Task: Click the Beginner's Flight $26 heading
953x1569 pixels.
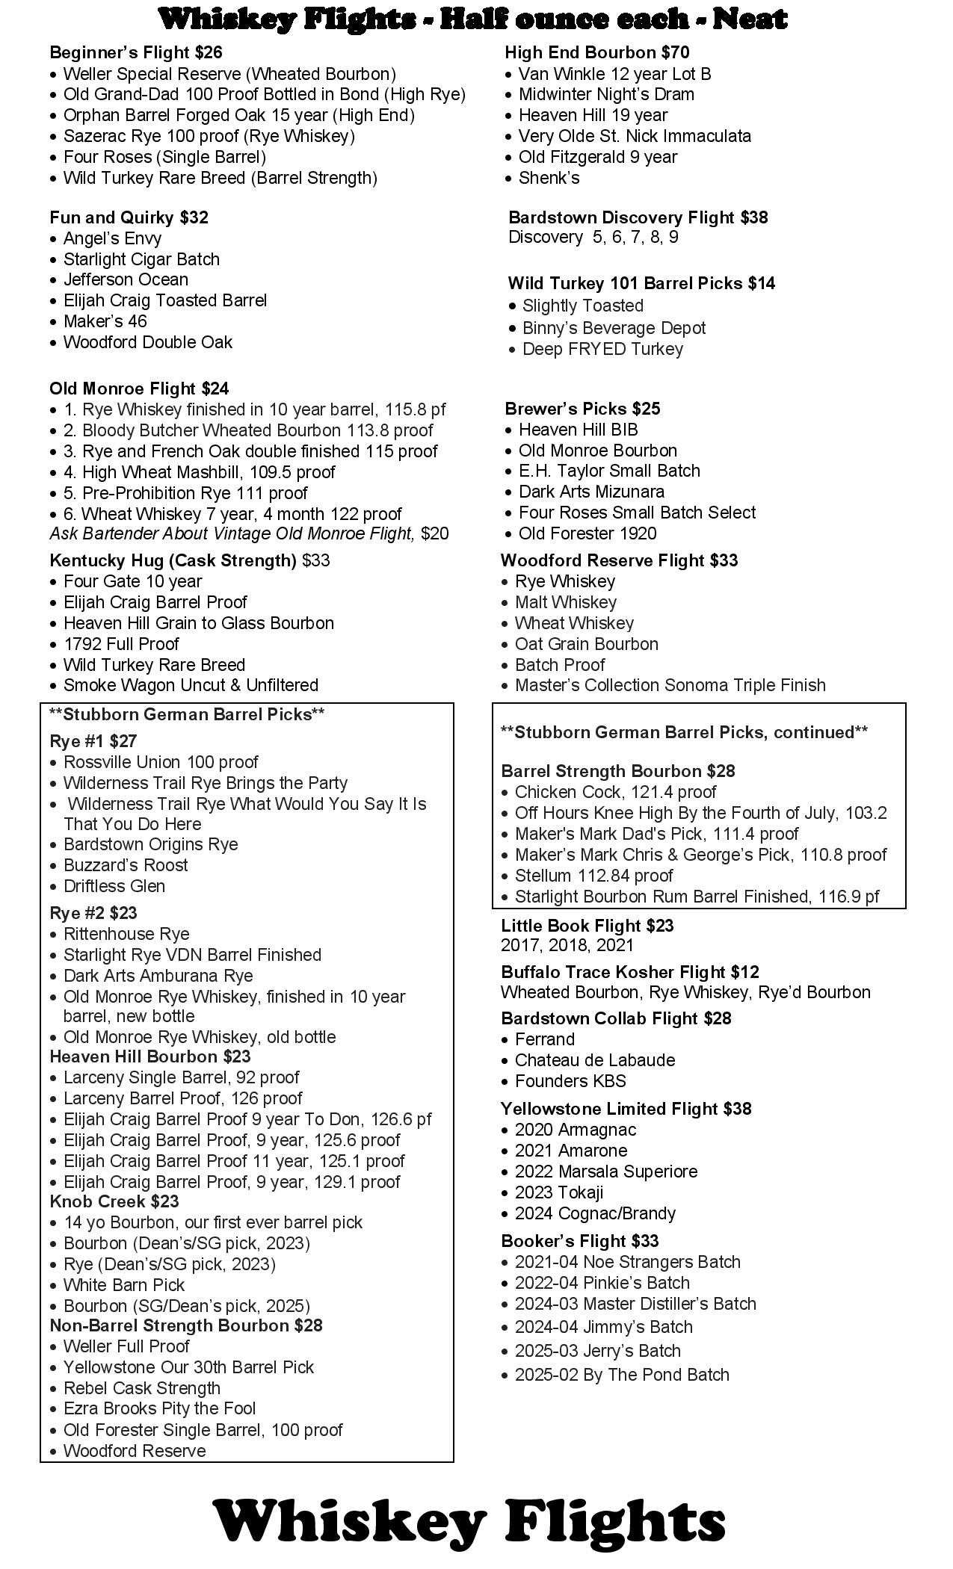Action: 136,52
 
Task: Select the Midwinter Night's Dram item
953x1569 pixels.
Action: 606,94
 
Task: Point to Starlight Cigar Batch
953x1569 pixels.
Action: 141,259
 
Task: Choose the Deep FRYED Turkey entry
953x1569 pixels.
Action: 602,349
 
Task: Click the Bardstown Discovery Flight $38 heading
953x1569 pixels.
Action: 638,217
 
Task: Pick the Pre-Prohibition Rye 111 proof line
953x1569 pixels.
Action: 194,493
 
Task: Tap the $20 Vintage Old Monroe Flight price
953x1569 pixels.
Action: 435,533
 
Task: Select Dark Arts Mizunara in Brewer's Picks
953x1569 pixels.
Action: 591,492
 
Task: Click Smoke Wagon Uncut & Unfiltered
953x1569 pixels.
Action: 191,685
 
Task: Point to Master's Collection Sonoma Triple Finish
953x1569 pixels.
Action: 670,685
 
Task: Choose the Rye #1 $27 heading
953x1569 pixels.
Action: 93,741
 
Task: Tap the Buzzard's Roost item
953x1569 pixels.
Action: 126,865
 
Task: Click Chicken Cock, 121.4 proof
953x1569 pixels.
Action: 615,792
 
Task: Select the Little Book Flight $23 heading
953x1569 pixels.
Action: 587,926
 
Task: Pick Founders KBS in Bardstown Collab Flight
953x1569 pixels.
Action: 570,1081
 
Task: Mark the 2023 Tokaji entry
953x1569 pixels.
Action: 559,1192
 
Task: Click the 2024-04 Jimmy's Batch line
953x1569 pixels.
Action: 604,1327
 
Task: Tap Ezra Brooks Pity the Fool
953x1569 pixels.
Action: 159,1408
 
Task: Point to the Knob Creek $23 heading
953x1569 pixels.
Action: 114,1201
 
